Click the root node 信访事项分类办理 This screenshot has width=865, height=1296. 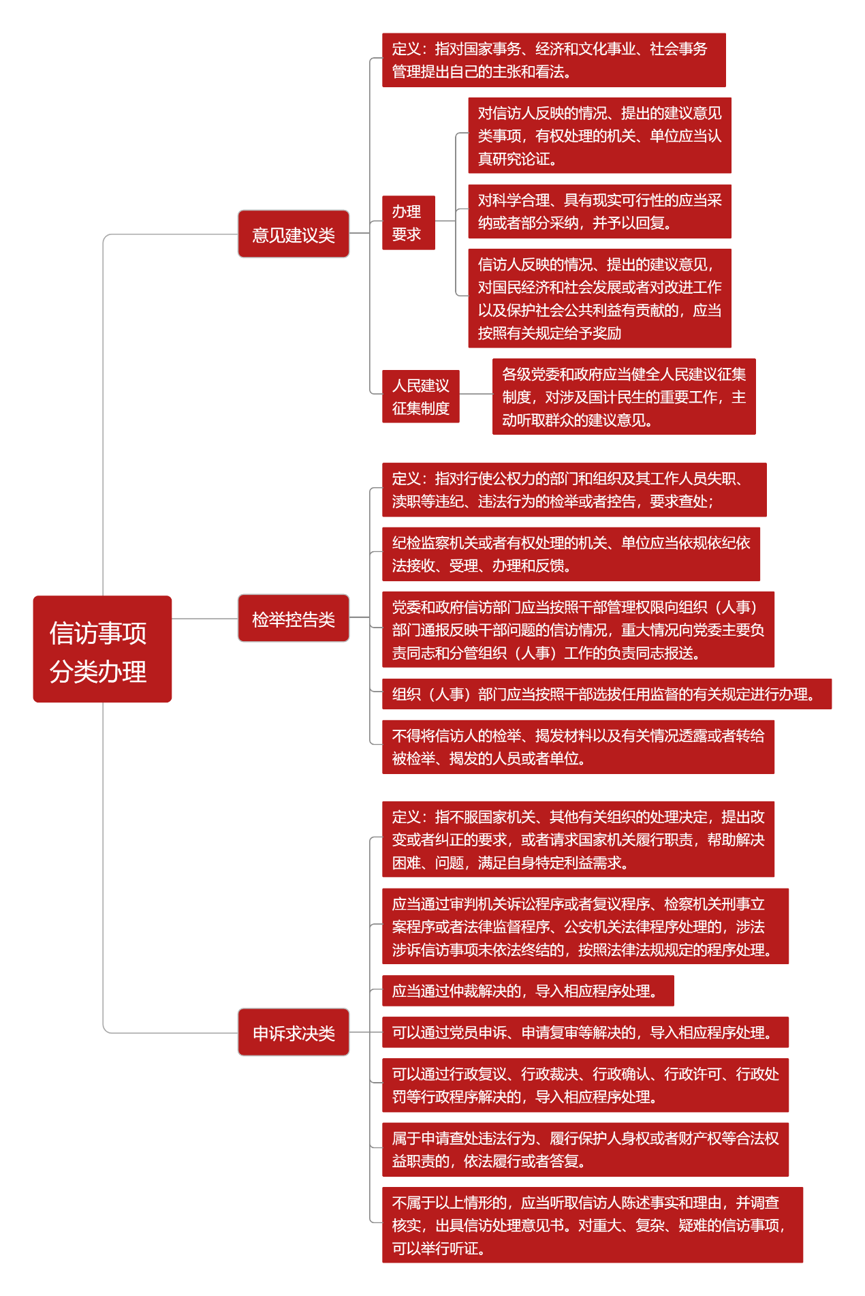[x=102, y=649]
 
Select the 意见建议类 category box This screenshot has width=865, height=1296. [x=294, y=234]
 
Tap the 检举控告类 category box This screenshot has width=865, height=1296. [x=294, y=618]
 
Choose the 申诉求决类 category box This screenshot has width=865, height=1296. [x=294, y=1032]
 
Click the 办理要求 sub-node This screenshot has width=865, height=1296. [x=409, y=223]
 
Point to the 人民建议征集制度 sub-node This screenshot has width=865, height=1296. [x=421, y=397]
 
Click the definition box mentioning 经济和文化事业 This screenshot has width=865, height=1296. [x=554, y=60]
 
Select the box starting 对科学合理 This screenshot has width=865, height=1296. [x=599, y=211]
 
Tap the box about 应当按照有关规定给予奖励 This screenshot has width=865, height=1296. [x=599, y=298]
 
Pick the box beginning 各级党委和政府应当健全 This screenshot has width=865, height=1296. [x=624, y=397]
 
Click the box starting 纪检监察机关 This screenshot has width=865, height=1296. [x=571, y=554]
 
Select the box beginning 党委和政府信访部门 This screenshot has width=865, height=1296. [x=578, y=630]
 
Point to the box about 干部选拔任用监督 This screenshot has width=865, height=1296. [x=607, y=694]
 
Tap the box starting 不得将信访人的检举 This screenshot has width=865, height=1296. [x=578, y=747]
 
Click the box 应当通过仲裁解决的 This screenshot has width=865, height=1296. [x=528, y=991]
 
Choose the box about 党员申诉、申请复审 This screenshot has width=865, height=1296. [x=585, y=1032]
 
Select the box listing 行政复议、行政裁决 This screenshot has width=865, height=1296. [x=585, y=1085]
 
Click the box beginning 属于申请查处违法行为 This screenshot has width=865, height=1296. [x=585, y=1150]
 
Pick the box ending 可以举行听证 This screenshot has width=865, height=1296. [x=593, y=1225]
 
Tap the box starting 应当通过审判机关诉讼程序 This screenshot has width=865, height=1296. [x=585, y=926]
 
